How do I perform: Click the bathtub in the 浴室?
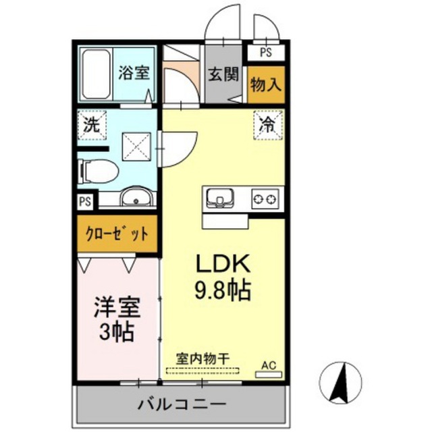[97, 74]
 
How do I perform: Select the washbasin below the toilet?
[136, 196]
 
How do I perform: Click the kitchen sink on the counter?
[220, 198]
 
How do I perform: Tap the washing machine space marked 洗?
[92, 125]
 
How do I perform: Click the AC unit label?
[269, 366]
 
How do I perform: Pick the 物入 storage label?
[265, 84]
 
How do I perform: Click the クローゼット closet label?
[117, 234]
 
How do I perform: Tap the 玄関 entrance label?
[223, 74]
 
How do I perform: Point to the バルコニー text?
[182, 405]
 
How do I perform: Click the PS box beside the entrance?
[266, 53]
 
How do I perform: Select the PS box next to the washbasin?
[85, 201]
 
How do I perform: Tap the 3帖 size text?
[117, 331]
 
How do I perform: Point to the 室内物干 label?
[202, 358]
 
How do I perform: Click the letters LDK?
[223, 263]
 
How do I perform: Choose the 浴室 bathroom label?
[134, 73]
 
